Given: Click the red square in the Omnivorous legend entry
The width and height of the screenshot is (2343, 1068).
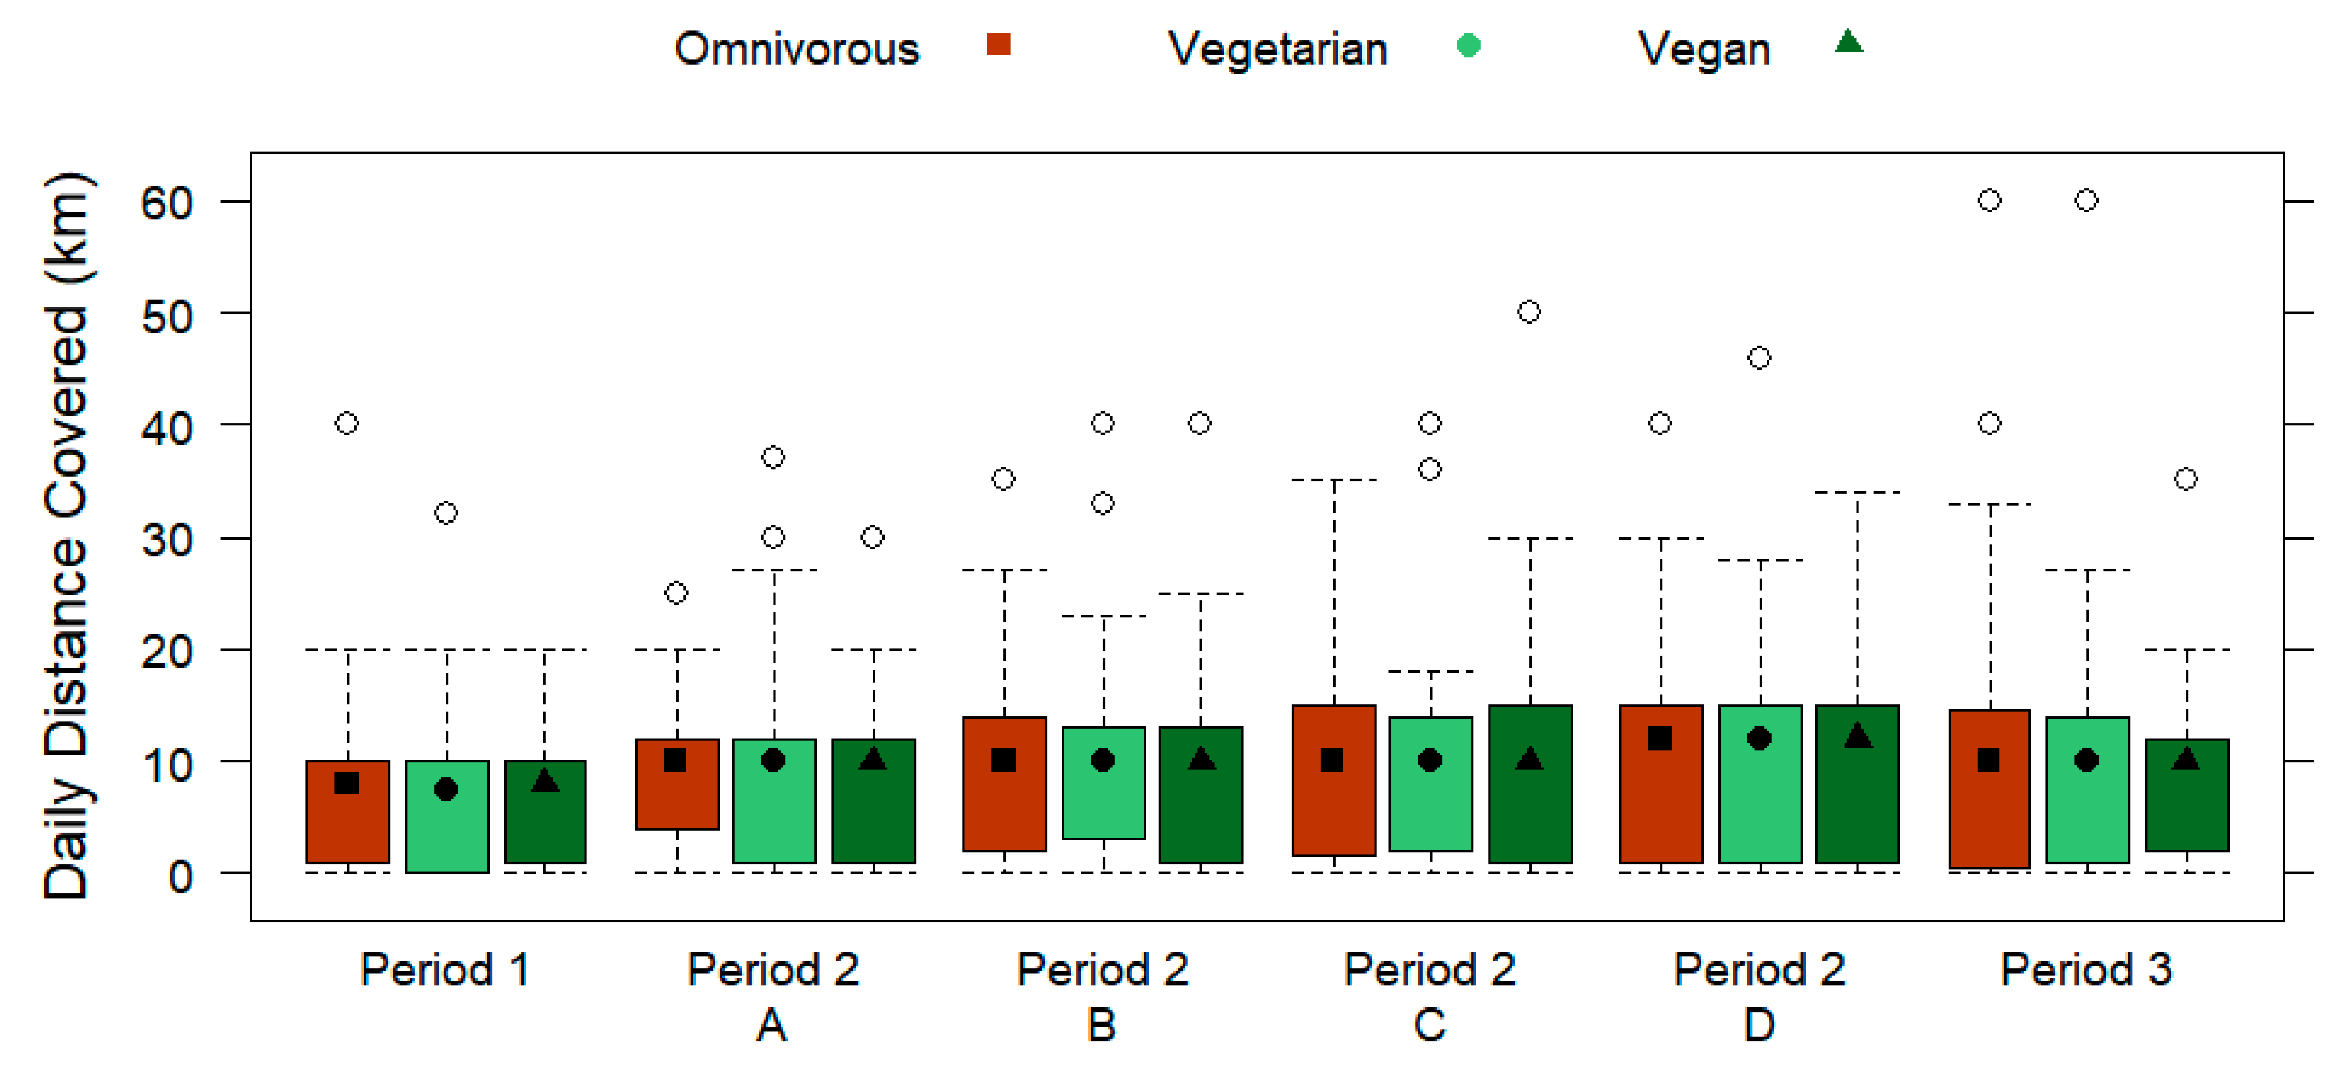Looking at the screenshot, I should (x=998, y=44).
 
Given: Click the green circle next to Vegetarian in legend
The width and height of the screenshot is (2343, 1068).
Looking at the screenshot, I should (x=1468, y=45).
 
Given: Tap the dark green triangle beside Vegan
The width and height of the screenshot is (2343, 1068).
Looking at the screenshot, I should (x=1848, y=42).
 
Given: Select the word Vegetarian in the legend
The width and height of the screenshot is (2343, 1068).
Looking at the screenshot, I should (x=1277, y=48).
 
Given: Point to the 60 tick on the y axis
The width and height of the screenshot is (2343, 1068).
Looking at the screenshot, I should (x=168, y=202).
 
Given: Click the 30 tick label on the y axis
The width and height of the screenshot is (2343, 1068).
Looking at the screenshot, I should (x=168, y=540).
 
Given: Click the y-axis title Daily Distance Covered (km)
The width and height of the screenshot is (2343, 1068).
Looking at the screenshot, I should (x=66, y=537).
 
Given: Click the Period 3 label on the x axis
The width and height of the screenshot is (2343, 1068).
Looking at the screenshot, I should (x=2086, y=970).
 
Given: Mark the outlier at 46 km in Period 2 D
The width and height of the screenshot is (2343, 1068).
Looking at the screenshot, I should (x=1759, y=357).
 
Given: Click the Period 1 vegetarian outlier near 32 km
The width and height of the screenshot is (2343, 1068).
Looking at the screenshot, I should (x=446, y=513).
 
